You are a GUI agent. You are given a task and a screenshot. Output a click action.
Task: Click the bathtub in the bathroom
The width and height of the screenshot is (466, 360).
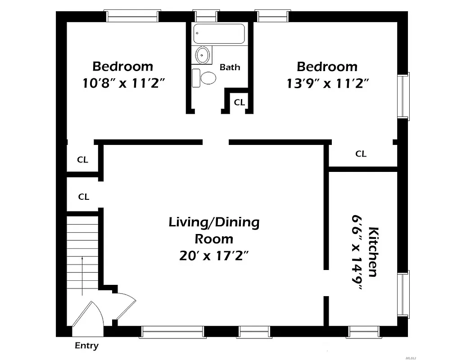coord(219,34)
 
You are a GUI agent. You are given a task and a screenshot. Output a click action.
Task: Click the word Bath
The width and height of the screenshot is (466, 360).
coord(230,67)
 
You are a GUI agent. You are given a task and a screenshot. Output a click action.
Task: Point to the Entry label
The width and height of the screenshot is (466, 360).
coord(86,346)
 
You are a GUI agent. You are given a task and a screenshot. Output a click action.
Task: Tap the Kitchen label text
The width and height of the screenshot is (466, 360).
coord(373,252)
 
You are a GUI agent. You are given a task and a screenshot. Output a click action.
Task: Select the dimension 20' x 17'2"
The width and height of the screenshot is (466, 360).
coord(214,256)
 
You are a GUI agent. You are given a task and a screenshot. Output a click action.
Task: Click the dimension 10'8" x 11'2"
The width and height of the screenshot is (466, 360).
coord(122,83)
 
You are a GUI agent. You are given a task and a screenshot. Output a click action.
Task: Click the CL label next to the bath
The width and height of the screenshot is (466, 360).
coord(239,103)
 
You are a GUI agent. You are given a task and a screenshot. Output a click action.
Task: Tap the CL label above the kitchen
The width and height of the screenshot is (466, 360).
coord(361,154)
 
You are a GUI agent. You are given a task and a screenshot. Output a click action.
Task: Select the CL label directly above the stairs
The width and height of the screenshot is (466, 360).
coord(84,197)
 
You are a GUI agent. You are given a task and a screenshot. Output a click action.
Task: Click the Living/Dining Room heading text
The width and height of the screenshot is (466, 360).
coord(214,230)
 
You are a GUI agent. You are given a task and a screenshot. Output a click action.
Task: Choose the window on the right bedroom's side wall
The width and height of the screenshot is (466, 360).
coord(403,96)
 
